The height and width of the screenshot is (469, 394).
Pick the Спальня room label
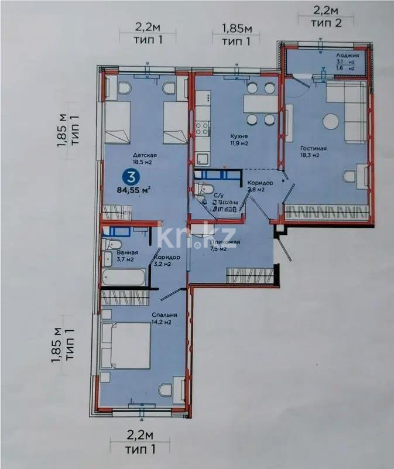115,315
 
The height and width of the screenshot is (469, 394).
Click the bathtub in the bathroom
124,276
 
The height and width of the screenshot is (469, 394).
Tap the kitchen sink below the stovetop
203,158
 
